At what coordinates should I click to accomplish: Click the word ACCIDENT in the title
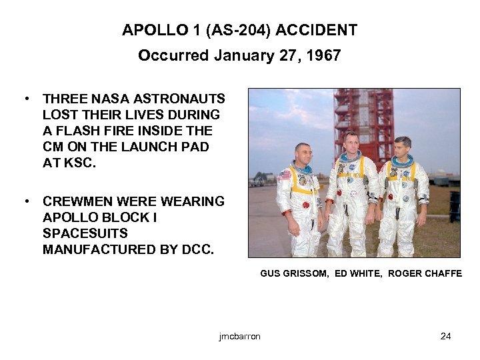pos(318,31)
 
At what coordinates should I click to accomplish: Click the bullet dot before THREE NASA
pos(25,99)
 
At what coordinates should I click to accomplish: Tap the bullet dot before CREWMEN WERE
pos(25,201)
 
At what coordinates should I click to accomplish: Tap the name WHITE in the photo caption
pos(368,273)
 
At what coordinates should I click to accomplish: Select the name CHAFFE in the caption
pos(441,273)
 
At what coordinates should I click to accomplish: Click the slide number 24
pos(446,336)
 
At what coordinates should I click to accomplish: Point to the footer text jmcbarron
pos(239,336)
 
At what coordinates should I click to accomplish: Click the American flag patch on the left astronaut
pos(285,175)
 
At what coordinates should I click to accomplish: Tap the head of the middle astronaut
pos(351,141)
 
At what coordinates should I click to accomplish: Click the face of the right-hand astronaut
pos(402,148)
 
